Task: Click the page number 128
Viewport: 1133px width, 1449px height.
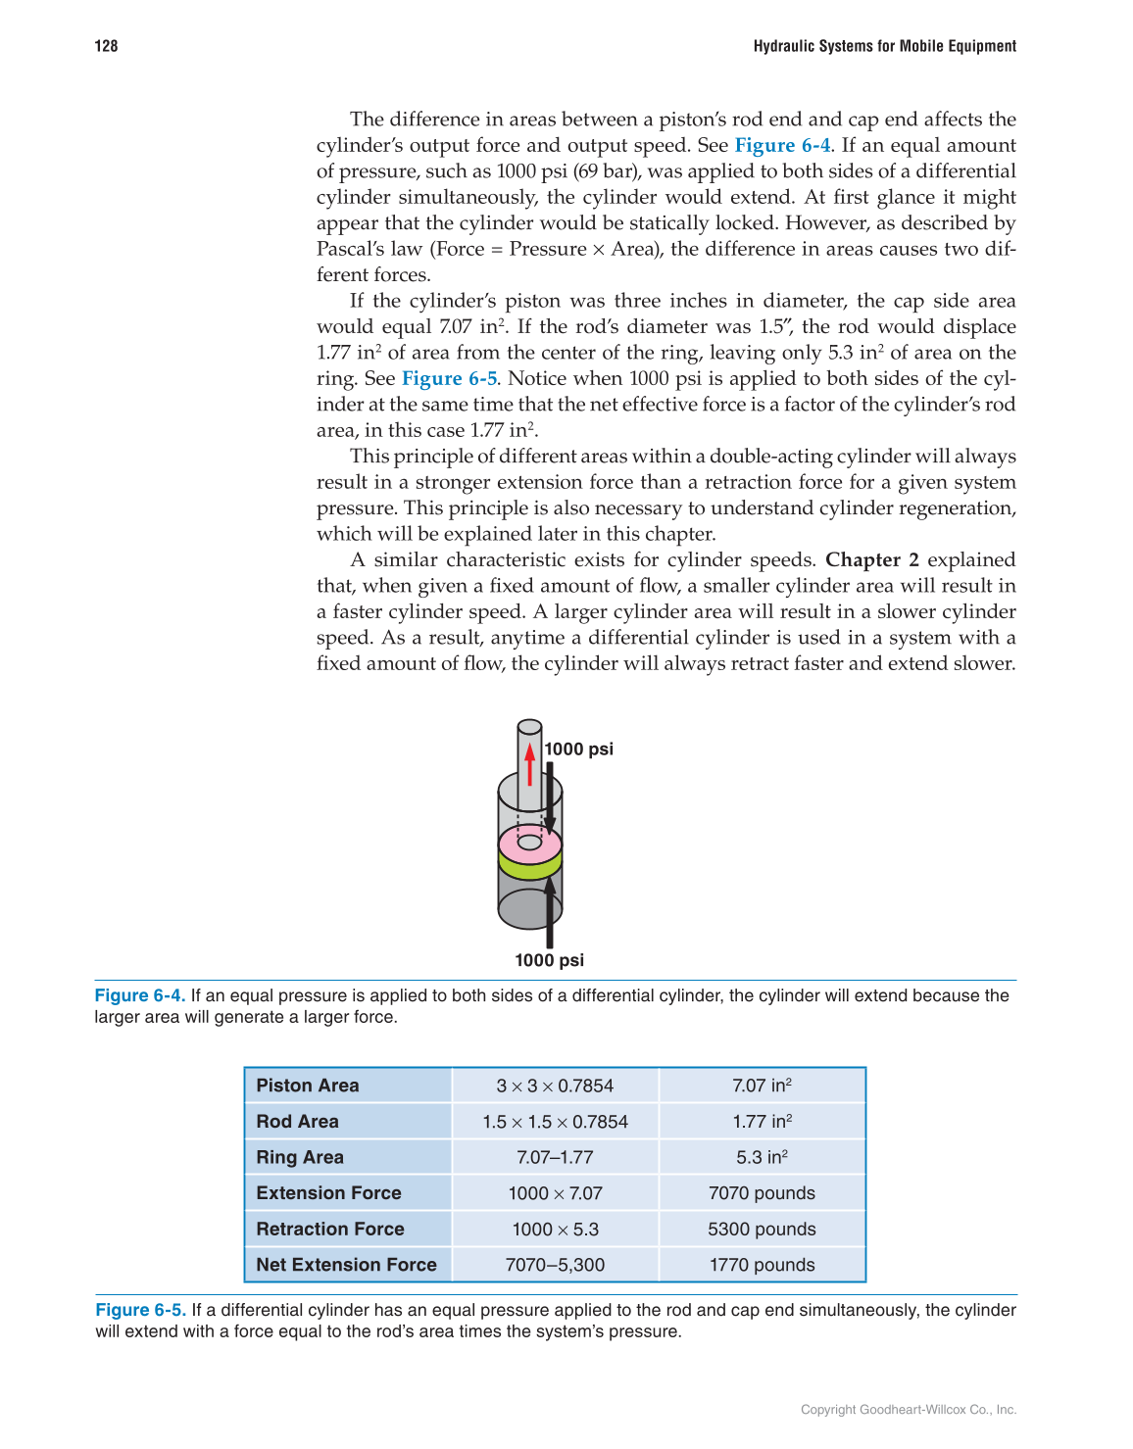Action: (106, 46)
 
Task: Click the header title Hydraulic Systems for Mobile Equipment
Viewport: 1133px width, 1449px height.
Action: (884, 46)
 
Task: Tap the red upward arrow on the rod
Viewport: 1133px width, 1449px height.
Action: (529, 765)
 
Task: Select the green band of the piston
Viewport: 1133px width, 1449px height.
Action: (529, 866)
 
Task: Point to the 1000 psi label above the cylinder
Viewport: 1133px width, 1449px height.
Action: (578, 749)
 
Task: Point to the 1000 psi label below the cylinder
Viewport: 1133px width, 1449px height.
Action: (549, 960)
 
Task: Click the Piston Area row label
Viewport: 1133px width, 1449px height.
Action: (308, 1086)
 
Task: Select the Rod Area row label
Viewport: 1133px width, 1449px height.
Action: (297, 1122)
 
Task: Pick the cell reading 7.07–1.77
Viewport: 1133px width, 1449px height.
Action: (555, 1157)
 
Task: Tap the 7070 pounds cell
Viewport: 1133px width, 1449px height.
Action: (762, 1193)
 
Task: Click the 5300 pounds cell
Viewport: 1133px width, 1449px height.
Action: (762, 1230)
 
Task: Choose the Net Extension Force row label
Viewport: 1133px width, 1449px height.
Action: (346, 1265)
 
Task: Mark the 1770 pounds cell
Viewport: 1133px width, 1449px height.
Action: (762, 1265)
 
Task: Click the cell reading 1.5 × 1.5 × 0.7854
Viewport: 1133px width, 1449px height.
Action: (555, 1122)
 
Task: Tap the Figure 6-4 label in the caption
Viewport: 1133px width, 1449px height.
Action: (139, 995)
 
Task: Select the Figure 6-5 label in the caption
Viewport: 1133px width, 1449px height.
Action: (140, 1310)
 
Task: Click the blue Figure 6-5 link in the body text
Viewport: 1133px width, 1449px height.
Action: (449, 379)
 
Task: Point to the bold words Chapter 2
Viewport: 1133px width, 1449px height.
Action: (871, 560)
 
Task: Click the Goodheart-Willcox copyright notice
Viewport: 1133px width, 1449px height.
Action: (908, 1410)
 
